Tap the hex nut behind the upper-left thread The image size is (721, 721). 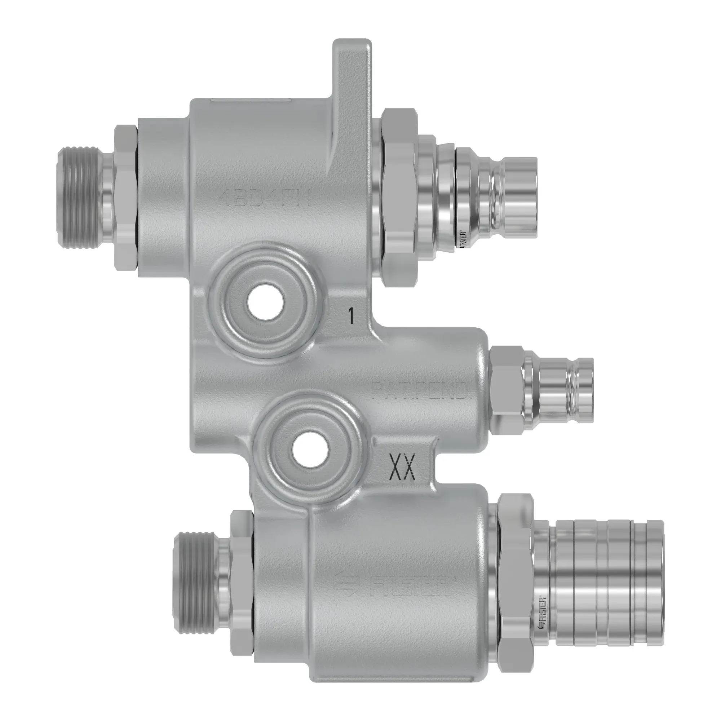(125, 198)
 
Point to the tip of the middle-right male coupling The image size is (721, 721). (584, 390)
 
